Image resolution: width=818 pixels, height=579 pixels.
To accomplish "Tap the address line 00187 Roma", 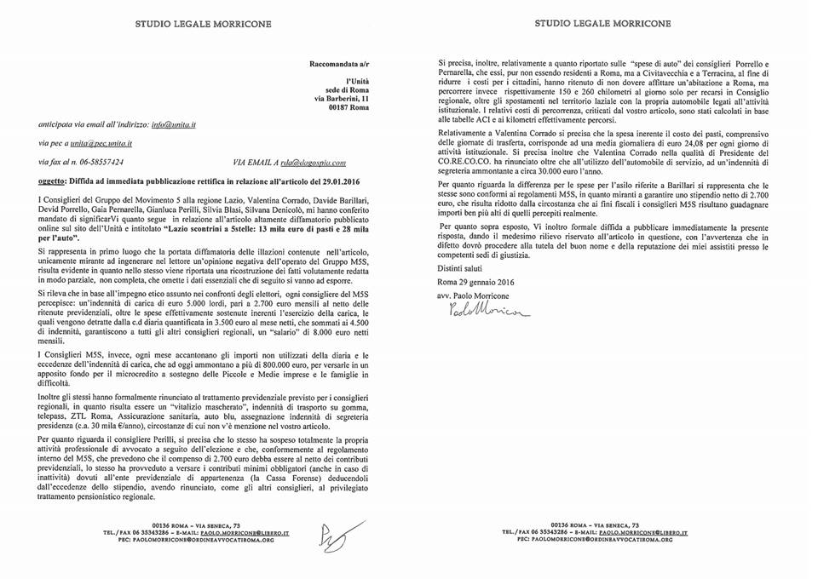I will coord(349,108).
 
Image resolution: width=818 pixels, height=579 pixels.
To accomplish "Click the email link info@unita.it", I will coord(174,123).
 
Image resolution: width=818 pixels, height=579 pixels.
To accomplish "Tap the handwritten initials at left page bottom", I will coord(349,534).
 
